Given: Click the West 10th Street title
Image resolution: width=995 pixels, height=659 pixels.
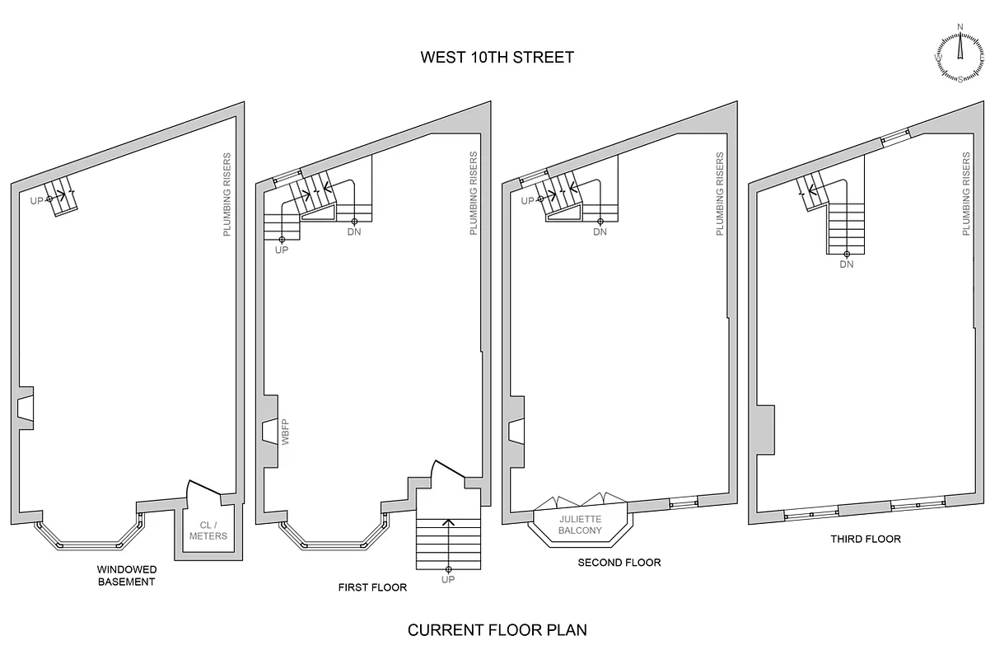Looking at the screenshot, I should click(497, 57).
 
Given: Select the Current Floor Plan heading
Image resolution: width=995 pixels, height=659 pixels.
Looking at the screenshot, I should click(497, 630).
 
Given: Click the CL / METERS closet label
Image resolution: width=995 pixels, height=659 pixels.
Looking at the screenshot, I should click(208, 530).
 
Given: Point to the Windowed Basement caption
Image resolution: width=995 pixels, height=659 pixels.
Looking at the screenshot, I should click(126, 575).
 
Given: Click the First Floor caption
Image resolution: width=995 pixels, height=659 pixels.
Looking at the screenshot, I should click(372, 587).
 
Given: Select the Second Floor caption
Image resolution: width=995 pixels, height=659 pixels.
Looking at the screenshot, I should click(619, 563).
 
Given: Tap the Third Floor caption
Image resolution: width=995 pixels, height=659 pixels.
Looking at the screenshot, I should click(865, 539).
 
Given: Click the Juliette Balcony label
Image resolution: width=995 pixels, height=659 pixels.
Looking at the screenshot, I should click(581, 525).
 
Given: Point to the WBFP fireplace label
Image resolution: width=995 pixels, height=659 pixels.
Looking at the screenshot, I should click(286, 432).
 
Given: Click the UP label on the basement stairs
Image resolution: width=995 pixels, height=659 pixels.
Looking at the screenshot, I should click(37, 199).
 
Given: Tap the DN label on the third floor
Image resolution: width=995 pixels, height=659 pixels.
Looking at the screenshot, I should click(847, 264).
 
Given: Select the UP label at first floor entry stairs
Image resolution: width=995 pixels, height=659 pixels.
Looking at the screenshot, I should click(448, 580).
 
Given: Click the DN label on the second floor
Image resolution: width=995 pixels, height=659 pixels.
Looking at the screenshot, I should click(600, 231).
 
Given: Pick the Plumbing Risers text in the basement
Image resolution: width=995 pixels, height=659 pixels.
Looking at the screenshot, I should click(227, 194).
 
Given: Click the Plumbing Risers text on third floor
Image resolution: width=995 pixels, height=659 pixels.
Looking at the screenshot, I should click(966, 194).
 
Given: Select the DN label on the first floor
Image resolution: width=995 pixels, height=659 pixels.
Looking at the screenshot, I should click(353, 231).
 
